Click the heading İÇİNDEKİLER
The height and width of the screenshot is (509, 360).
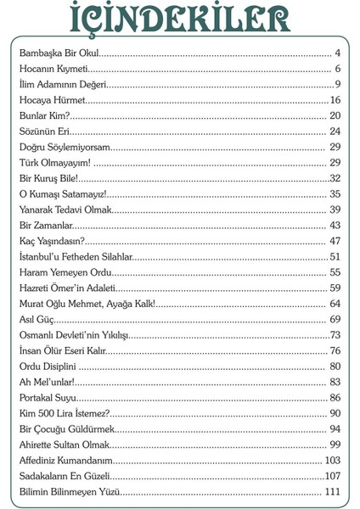(x=180, y=21)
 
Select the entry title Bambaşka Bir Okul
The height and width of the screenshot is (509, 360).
(x=56, y=54)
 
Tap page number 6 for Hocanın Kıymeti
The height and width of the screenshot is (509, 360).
(x=337, y=70)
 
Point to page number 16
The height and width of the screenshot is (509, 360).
(x=335, y=100)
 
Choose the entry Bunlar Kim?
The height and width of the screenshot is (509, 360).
(x=42, y=115)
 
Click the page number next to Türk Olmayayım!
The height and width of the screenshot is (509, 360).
(x=335, y=162)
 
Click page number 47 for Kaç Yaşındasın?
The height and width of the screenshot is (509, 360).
(x=335, y=241)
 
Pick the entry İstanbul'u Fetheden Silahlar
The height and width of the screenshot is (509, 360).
(x=76, y=256)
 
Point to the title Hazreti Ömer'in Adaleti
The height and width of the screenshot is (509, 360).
(x=68, y=288)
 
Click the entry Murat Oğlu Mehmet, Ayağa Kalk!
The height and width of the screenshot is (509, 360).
(x=87, y=303)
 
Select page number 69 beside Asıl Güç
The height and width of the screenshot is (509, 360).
(x=335, y=319)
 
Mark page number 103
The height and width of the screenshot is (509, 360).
(x=333, y=460)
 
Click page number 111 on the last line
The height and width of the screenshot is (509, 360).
(x=333, y=491)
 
